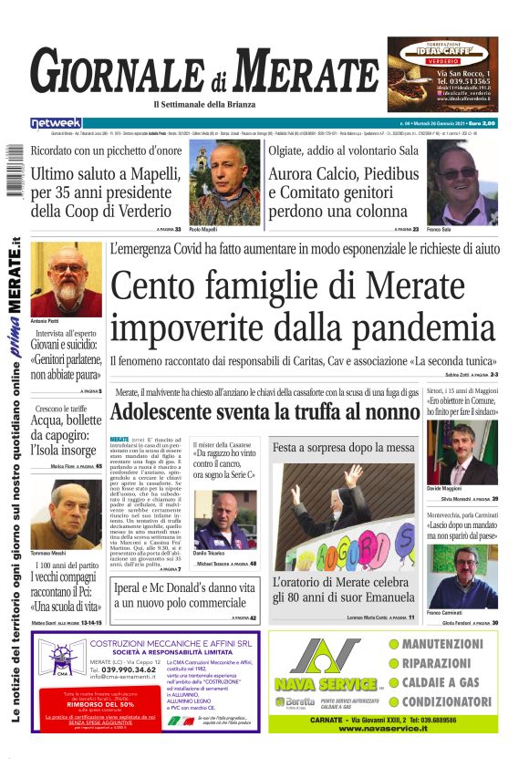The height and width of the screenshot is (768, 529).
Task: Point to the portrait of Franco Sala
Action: [x=462, y=182]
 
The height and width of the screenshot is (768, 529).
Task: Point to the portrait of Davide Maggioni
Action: [x=462, y=453]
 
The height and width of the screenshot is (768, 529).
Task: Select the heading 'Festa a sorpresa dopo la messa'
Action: [x=344, y=448]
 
